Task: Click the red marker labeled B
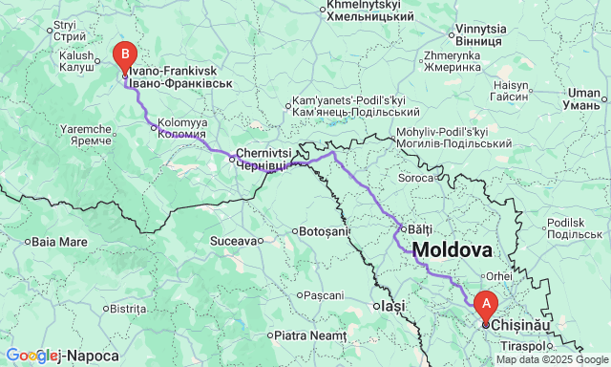coord(124,55)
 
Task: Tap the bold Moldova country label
coord(452,250)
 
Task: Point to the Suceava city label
coord(234,240)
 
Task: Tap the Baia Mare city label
coord(60,241)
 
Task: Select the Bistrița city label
coord(126,309)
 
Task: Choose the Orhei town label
coord(498,276)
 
